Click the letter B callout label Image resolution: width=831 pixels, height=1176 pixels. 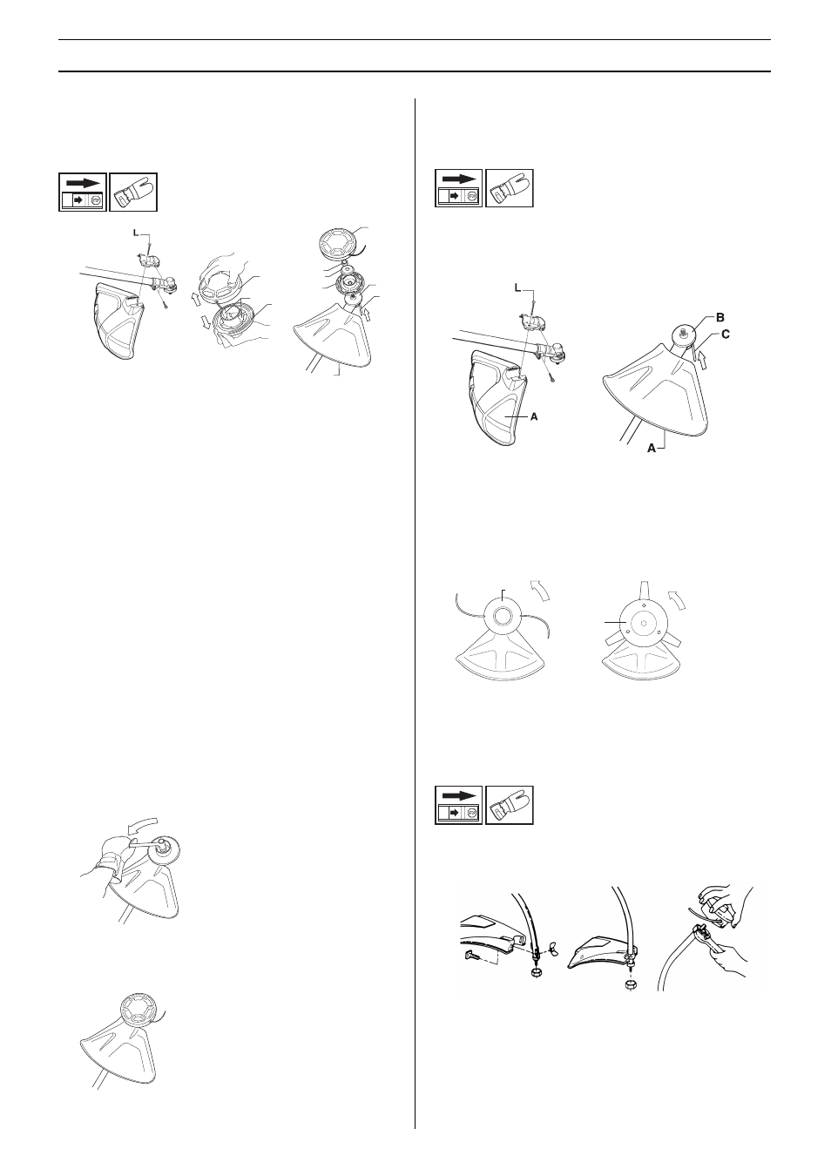click(x=720, y=317)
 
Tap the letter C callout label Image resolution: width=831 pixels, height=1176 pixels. click(x=725, y=334)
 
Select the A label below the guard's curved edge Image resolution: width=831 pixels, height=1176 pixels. click(x=652, y=449)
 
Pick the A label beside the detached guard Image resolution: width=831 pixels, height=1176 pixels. click(x=534, y=416)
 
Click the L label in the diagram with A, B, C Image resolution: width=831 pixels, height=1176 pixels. click(x=518, y=288)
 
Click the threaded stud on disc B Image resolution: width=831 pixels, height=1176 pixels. click(x=682, y=332)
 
